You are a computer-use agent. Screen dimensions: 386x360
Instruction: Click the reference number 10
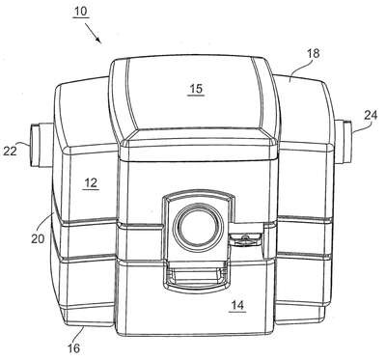coord(80,12)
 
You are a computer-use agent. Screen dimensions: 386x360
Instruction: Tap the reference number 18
coord(313,53)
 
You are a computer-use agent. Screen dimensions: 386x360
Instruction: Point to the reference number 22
coord(10,151)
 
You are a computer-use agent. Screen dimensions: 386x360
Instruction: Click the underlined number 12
coord(91,182)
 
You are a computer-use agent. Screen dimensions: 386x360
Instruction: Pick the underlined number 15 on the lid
coord(196,89)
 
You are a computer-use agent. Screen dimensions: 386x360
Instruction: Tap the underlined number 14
coord(237,305)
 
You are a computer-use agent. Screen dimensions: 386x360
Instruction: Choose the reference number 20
coord(38,238)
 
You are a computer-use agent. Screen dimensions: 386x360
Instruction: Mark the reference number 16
coord(73,348)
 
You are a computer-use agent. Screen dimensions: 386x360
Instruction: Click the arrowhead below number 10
coord(98,40)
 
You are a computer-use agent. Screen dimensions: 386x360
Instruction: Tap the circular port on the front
coord(198,228)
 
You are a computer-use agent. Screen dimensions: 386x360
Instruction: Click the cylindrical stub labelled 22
coord(41,145)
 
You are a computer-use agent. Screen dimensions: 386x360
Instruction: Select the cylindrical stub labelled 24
coord(343,141)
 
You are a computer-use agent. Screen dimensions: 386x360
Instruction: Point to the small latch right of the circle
coord(245,238)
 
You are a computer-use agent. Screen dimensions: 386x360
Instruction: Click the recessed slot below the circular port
coord(197,273)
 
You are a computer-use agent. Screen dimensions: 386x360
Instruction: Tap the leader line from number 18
coord(300,69)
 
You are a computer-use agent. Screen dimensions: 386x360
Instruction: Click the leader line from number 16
coord(80,334)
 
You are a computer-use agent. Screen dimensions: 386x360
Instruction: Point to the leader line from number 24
coord(360,127)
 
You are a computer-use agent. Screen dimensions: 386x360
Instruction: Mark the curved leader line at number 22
coord(23,144)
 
